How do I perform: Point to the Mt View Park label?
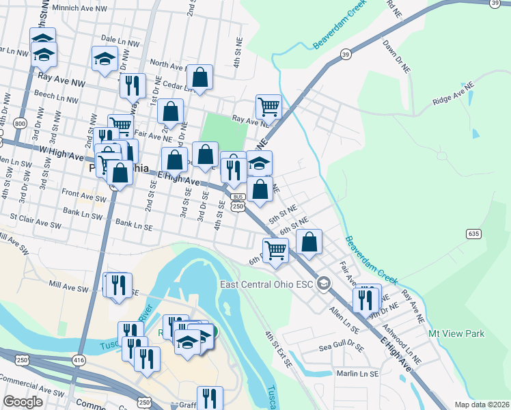tap(456, 333)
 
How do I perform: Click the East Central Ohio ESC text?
tap(266, 284)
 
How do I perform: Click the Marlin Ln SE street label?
tap(357, 374)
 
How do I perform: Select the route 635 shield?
tap(473, 234)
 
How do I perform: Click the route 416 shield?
tap(79, 359)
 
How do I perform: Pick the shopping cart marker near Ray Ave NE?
tap(268, 107)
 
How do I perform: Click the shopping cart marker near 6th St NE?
tap(275, 249)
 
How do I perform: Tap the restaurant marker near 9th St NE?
tap(365, 299)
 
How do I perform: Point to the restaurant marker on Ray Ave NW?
tap(132, 85)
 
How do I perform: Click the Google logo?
tap(24, 402)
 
